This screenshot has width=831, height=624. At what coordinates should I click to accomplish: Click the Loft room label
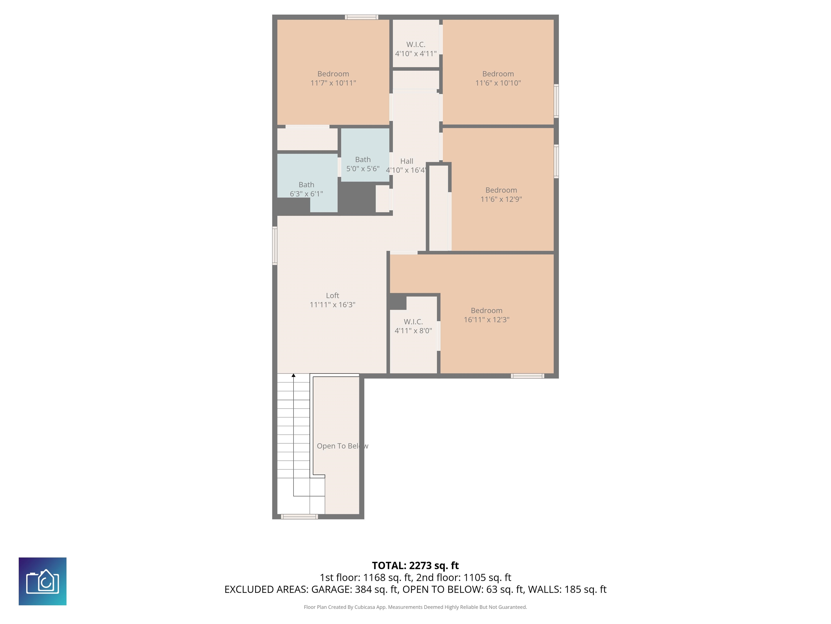coord(332,296)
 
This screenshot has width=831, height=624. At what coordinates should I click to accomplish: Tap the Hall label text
coord(407,161)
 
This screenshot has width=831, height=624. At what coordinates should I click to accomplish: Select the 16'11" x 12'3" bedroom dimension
coord(486,320)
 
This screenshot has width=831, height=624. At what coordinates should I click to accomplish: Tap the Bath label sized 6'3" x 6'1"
coord(306,185)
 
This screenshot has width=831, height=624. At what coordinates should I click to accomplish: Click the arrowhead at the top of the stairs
coord(294,375)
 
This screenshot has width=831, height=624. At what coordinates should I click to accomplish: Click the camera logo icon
coord(42,581)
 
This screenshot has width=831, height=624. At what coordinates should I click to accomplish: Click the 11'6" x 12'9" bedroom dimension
coord(501,199)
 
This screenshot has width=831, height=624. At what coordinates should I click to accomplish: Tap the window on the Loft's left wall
coord(275,246)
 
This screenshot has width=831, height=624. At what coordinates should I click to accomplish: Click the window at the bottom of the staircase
coord(299,517)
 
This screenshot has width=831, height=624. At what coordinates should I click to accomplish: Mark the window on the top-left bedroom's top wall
coord(361,17)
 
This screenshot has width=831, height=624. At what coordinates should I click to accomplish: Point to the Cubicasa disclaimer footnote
coord(415,607)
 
